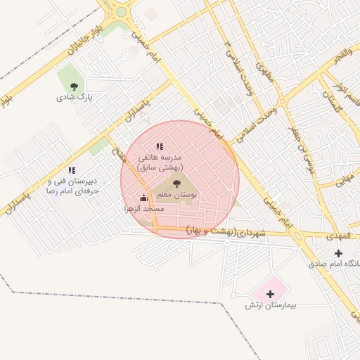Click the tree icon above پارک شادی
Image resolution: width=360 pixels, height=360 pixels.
(73, 86)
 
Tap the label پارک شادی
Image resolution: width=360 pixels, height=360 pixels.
(81, 98)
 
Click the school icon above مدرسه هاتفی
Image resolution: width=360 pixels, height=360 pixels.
(160, 146)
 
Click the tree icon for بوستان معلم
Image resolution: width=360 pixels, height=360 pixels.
(176, 184)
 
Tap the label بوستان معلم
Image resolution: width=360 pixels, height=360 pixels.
(184, 194)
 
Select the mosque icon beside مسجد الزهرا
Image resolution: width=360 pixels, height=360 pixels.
(143, 198)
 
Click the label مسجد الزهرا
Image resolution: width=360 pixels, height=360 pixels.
(144, 209)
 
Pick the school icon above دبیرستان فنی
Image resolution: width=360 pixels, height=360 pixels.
(72, 170)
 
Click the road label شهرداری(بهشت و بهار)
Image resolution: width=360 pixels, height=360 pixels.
(226, 231)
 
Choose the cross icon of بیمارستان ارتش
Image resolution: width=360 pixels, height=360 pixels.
(271, 292)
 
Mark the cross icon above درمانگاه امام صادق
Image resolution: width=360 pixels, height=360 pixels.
(339, 252)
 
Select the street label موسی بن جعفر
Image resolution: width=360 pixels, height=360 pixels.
(300, 151)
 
